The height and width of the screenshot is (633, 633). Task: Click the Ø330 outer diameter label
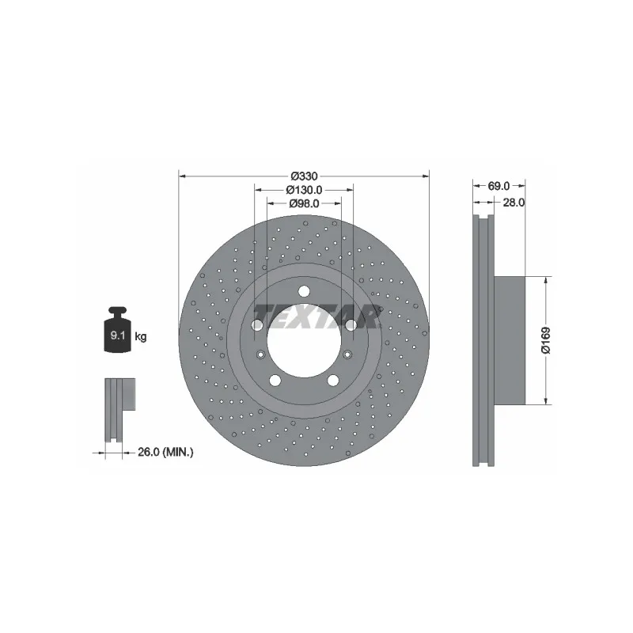305,176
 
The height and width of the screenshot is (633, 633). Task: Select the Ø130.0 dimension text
304,190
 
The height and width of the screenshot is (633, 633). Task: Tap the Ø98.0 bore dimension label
304,203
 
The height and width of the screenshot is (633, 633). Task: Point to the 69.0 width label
499,186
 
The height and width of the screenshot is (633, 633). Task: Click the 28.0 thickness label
514,203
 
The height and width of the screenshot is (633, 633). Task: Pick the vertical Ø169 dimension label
546,340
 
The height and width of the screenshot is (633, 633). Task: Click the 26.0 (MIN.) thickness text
165,452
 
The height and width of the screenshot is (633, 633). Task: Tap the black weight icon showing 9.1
117,329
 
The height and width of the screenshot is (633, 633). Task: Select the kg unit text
141,336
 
